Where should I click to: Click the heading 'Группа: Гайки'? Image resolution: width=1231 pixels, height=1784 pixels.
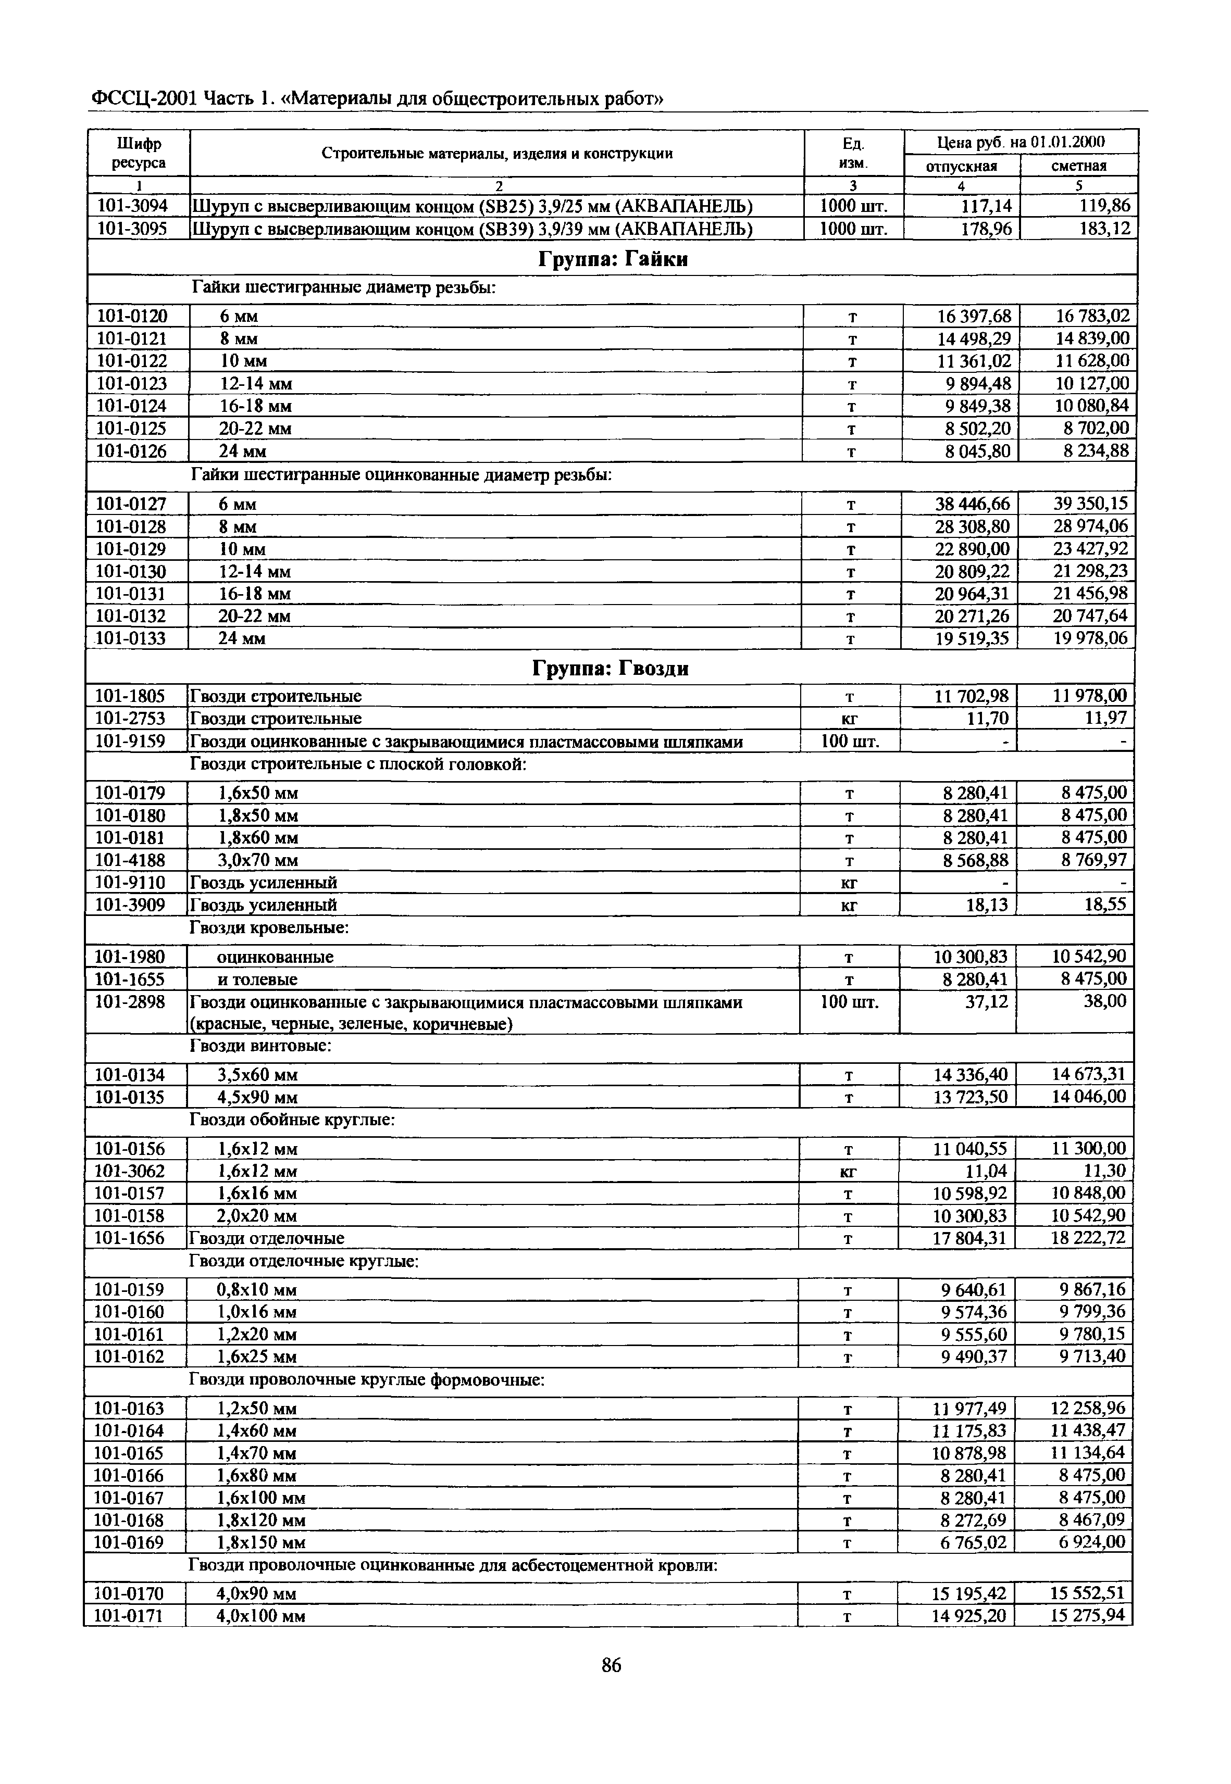tap(613, 260)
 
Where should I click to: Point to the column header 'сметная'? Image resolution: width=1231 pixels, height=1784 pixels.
tap(1079, 166)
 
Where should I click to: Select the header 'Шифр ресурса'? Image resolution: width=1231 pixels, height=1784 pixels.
tap(140, 153)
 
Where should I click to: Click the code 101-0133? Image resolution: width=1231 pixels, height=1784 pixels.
tap(130, 638)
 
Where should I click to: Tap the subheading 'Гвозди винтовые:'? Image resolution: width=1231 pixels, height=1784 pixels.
tap(260, 1046)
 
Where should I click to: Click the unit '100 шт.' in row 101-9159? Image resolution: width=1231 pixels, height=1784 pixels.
tap(849, 742)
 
